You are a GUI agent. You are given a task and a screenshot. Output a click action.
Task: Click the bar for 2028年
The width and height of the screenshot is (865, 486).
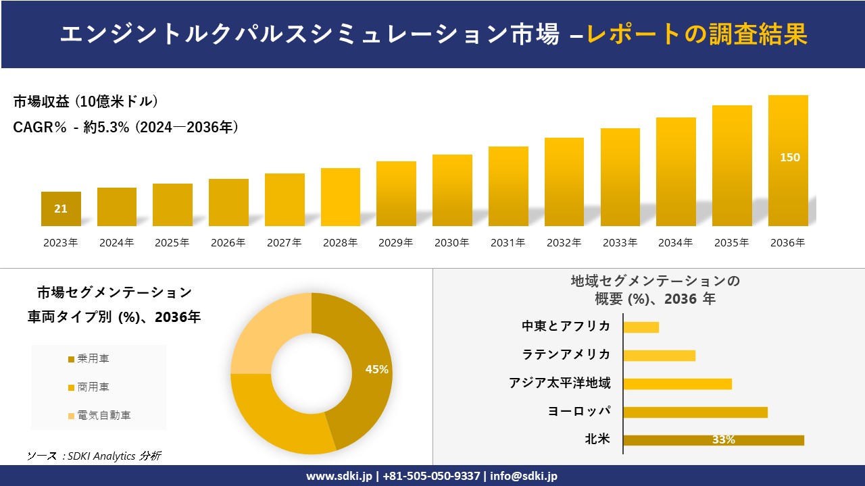coord(341,197)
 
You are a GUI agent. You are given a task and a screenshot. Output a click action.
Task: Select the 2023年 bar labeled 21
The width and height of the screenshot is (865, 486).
coord(61,209)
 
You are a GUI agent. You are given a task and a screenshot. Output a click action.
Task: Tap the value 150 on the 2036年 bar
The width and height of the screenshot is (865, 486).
coord(789,157)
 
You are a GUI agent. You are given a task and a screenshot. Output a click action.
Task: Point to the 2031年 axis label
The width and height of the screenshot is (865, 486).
coord(508,243)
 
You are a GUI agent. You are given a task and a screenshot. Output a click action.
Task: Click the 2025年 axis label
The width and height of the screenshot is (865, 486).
coord(172,243)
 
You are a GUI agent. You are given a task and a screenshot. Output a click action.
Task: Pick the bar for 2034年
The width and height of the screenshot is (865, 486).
coord(676,172)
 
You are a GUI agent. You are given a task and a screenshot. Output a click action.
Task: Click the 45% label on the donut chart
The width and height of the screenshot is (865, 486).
coord(376,369)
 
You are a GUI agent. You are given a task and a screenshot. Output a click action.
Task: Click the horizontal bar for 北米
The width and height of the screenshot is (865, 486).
coord(714,440)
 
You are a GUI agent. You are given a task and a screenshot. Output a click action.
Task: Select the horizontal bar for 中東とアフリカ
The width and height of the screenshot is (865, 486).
coord(641,327)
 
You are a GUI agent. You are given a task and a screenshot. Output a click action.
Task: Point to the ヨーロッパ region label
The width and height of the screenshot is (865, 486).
coord(579,412)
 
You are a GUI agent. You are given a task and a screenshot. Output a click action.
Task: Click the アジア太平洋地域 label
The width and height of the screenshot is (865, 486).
coord(560,383)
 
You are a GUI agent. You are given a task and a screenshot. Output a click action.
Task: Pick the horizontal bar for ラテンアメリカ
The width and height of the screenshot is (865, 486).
coord(659,355)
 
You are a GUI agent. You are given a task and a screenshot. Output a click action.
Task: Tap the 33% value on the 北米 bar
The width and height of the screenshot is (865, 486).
coord(723,440)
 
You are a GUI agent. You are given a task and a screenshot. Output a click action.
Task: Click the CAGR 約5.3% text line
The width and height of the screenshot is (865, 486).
coord(126,127)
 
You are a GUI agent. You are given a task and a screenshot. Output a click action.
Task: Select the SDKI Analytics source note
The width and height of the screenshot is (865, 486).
coord(94,456)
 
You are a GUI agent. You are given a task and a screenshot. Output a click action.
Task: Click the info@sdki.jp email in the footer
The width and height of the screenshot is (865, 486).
coord(524,476)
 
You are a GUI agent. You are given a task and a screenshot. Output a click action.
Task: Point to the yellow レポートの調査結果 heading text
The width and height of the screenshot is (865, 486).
coord(697,34)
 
